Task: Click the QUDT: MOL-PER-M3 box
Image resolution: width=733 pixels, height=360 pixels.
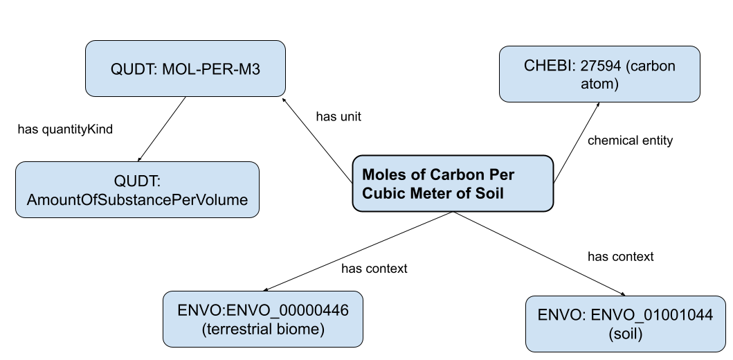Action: [x=185, y=69]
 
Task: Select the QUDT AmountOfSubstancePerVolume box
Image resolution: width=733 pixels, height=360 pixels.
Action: [x=137, y=190]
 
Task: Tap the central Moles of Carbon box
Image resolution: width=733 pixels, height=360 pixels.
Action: [x=453, y=183]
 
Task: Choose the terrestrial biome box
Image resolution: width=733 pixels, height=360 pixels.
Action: [x=263, y=319]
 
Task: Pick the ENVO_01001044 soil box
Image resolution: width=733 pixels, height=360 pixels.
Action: [x=625, y=324]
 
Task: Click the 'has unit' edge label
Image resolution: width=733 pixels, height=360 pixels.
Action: [x=338, y=117]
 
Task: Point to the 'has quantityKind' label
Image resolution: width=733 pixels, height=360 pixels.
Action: [x=65, y=129]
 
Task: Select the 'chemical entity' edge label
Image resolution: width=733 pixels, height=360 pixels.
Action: [x=630, y=141]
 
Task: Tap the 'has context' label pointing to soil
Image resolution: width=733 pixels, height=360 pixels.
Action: [x=620, y=257]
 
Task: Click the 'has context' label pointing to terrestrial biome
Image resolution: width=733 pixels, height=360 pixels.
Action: [x=374, y=269]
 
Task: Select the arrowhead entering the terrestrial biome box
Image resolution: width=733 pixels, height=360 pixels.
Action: [x=267, y=289]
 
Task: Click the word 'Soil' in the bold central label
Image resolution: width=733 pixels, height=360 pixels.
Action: [x=488, y=194]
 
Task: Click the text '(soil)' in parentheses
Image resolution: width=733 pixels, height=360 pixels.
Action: [x=625, y=333]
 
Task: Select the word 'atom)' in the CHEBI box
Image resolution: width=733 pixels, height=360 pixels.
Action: [x=599, y=84]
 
